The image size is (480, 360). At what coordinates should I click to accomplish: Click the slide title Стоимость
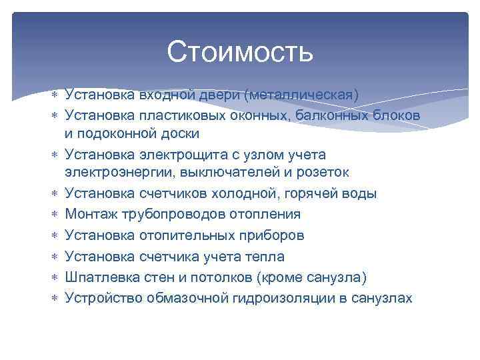point(240,51)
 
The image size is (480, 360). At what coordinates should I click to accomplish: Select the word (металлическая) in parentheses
point(302,94)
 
